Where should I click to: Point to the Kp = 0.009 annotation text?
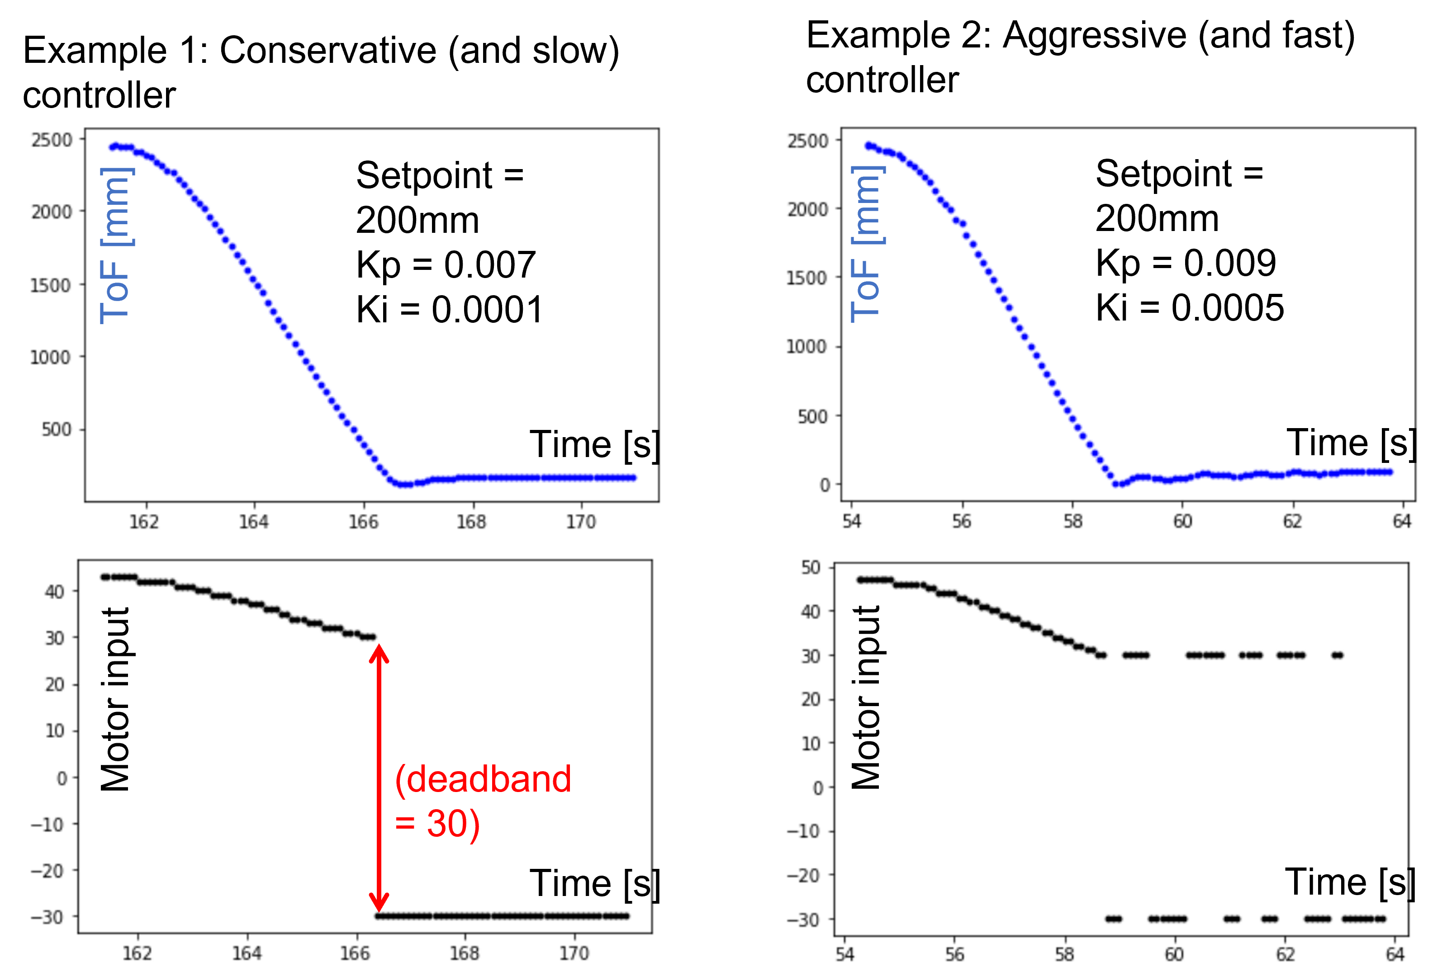[x=1186, y=263]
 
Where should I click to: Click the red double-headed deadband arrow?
[x=379, y=778]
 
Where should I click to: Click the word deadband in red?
[x=489, y=779]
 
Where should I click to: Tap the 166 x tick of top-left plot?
[x=363, y=522]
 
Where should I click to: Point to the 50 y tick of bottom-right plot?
[x=811, y=568]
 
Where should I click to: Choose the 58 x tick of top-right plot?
[x=1072, y=521]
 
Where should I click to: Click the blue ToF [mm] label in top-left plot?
[x=116, y=245]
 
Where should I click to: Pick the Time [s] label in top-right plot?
[x=1351, y=443]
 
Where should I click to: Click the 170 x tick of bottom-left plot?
[x=574, y=953]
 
